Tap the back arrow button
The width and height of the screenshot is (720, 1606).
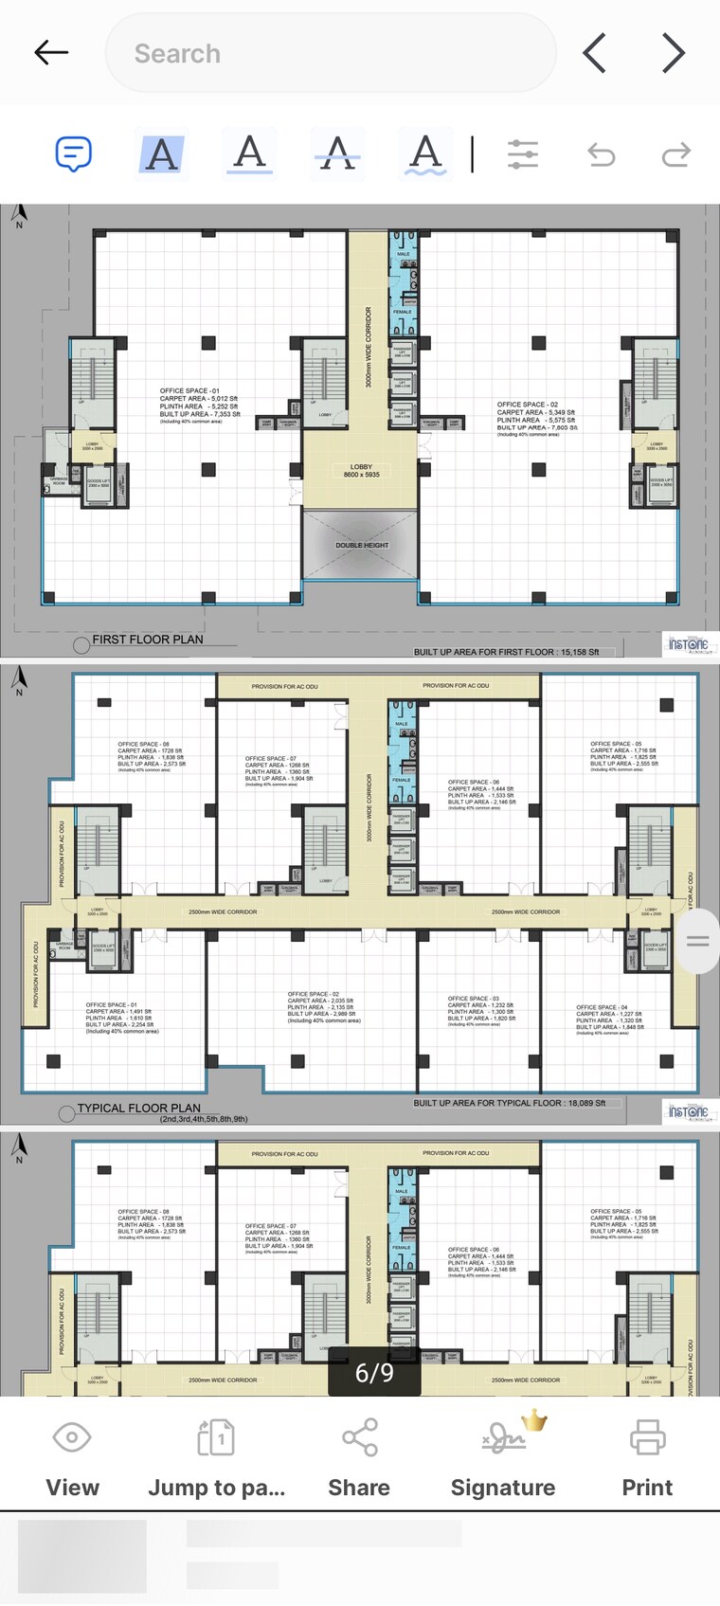tap(51, 52)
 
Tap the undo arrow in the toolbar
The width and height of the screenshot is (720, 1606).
tap(602, 153)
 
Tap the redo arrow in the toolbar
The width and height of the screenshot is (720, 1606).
tap(675, 153)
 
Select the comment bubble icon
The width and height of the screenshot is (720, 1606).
tap(73, 153)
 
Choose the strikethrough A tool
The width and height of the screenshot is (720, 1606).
tap(338, 153)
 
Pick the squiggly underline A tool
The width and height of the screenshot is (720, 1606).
tap(426, 153)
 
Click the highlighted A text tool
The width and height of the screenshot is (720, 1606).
tap(162, 153)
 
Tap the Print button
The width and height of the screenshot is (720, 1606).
tap(647, 1457)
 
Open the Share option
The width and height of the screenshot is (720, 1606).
tap(359, 1457)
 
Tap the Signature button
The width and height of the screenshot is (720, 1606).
tap(503, 1457)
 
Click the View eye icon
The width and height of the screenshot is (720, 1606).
tap(72, 1457)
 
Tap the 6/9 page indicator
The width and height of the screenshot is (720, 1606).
tap(374, 1372)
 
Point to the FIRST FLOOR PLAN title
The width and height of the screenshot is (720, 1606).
tap(148, 640)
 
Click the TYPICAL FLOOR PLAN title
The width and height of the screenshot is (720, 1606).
tap(139, 1108)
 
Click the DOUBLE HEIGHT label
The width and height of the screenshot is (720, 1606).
tap(362, 545)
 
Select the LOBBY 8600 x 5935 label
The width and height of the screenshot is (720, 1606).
tap(361, 471)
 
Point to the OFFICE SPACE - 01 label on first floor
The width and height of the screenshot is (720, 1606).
tap(189, 390)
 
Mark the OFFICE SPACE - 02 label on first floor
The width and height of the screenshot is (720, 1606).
tap(528, 405)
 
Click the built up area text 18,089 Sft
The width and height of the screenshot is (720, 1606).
tap(510, 1103)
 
